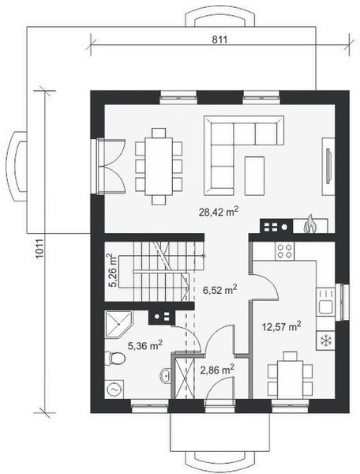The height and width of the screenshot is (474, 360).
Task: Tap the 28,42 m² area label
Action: coord(219,211)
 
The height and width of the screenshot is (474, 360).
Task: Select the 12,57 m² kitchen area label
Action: coord(282,325)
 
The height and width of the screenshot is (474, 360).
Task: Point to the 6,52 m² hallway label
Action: coord(221,290)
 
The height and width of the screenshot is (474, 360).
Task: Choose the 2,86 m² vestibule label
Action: coord(215,369)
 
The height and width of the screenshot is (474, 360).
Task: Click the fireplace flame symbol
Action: coord(310,226)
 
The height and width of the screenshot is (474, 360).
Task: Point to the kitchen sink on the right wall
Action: coord(324,300)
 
